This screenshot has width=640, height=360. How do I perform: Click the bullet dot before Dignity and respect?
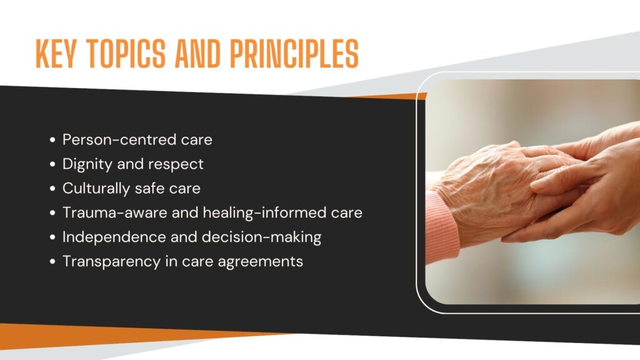pyautogui.click(x=52, y=164)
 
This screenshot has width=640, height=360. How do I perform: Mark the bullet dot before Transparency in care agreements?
pyautogui.click(x=52, y=262)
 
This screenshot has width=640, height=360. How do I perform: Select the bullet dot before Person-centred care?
pyautogui.click(x=52, y=140)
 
